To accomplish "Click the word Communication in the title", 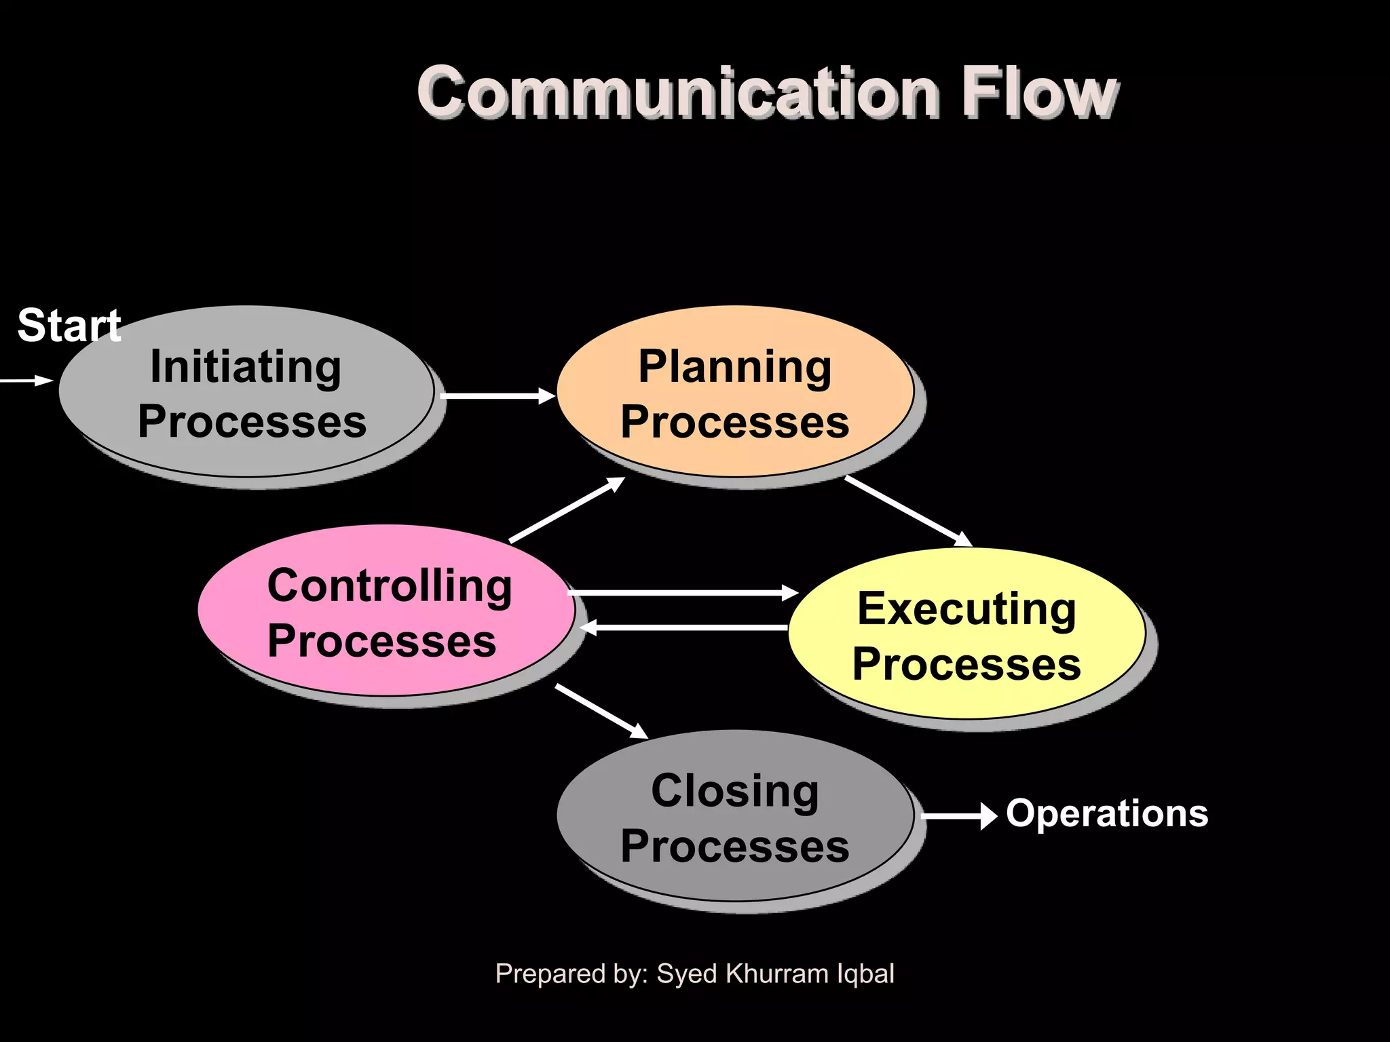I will click(679, 93).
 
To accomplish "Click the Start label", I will click(69, 326).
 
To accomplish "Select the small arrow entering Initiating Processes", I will click(27, 381).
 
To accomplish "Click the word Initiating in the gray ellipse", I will click(245, 367).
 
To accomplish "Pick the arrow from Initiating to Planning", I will click(497, 395).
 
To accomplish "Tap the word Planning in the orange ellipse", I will click(734, 367).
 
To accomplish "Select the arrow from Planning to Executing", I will click(907, 511).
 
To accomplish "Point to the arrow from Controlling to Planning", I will click(567, 509).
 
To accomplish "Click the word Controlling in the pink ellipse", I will click(390, 585).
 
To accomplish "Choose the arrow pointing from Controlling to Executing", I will click(682, 593).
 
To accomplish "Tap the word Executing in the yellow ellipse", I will click(966, 609).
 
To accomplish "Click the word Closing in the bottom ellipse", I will click(735, 791).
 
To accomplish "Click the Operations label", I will click(1107, 813).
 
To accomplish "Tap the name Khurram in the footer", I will click(776, 973).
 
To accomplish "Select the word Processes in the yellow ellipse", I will click(966, 664).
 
